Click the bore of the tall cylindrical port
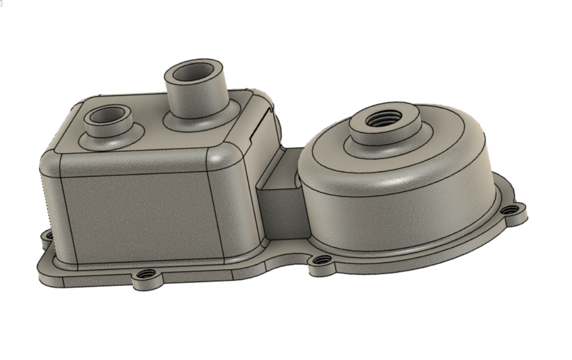click(x=196, y=72)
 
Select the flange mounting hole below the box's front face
click(x=145, y=275)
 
